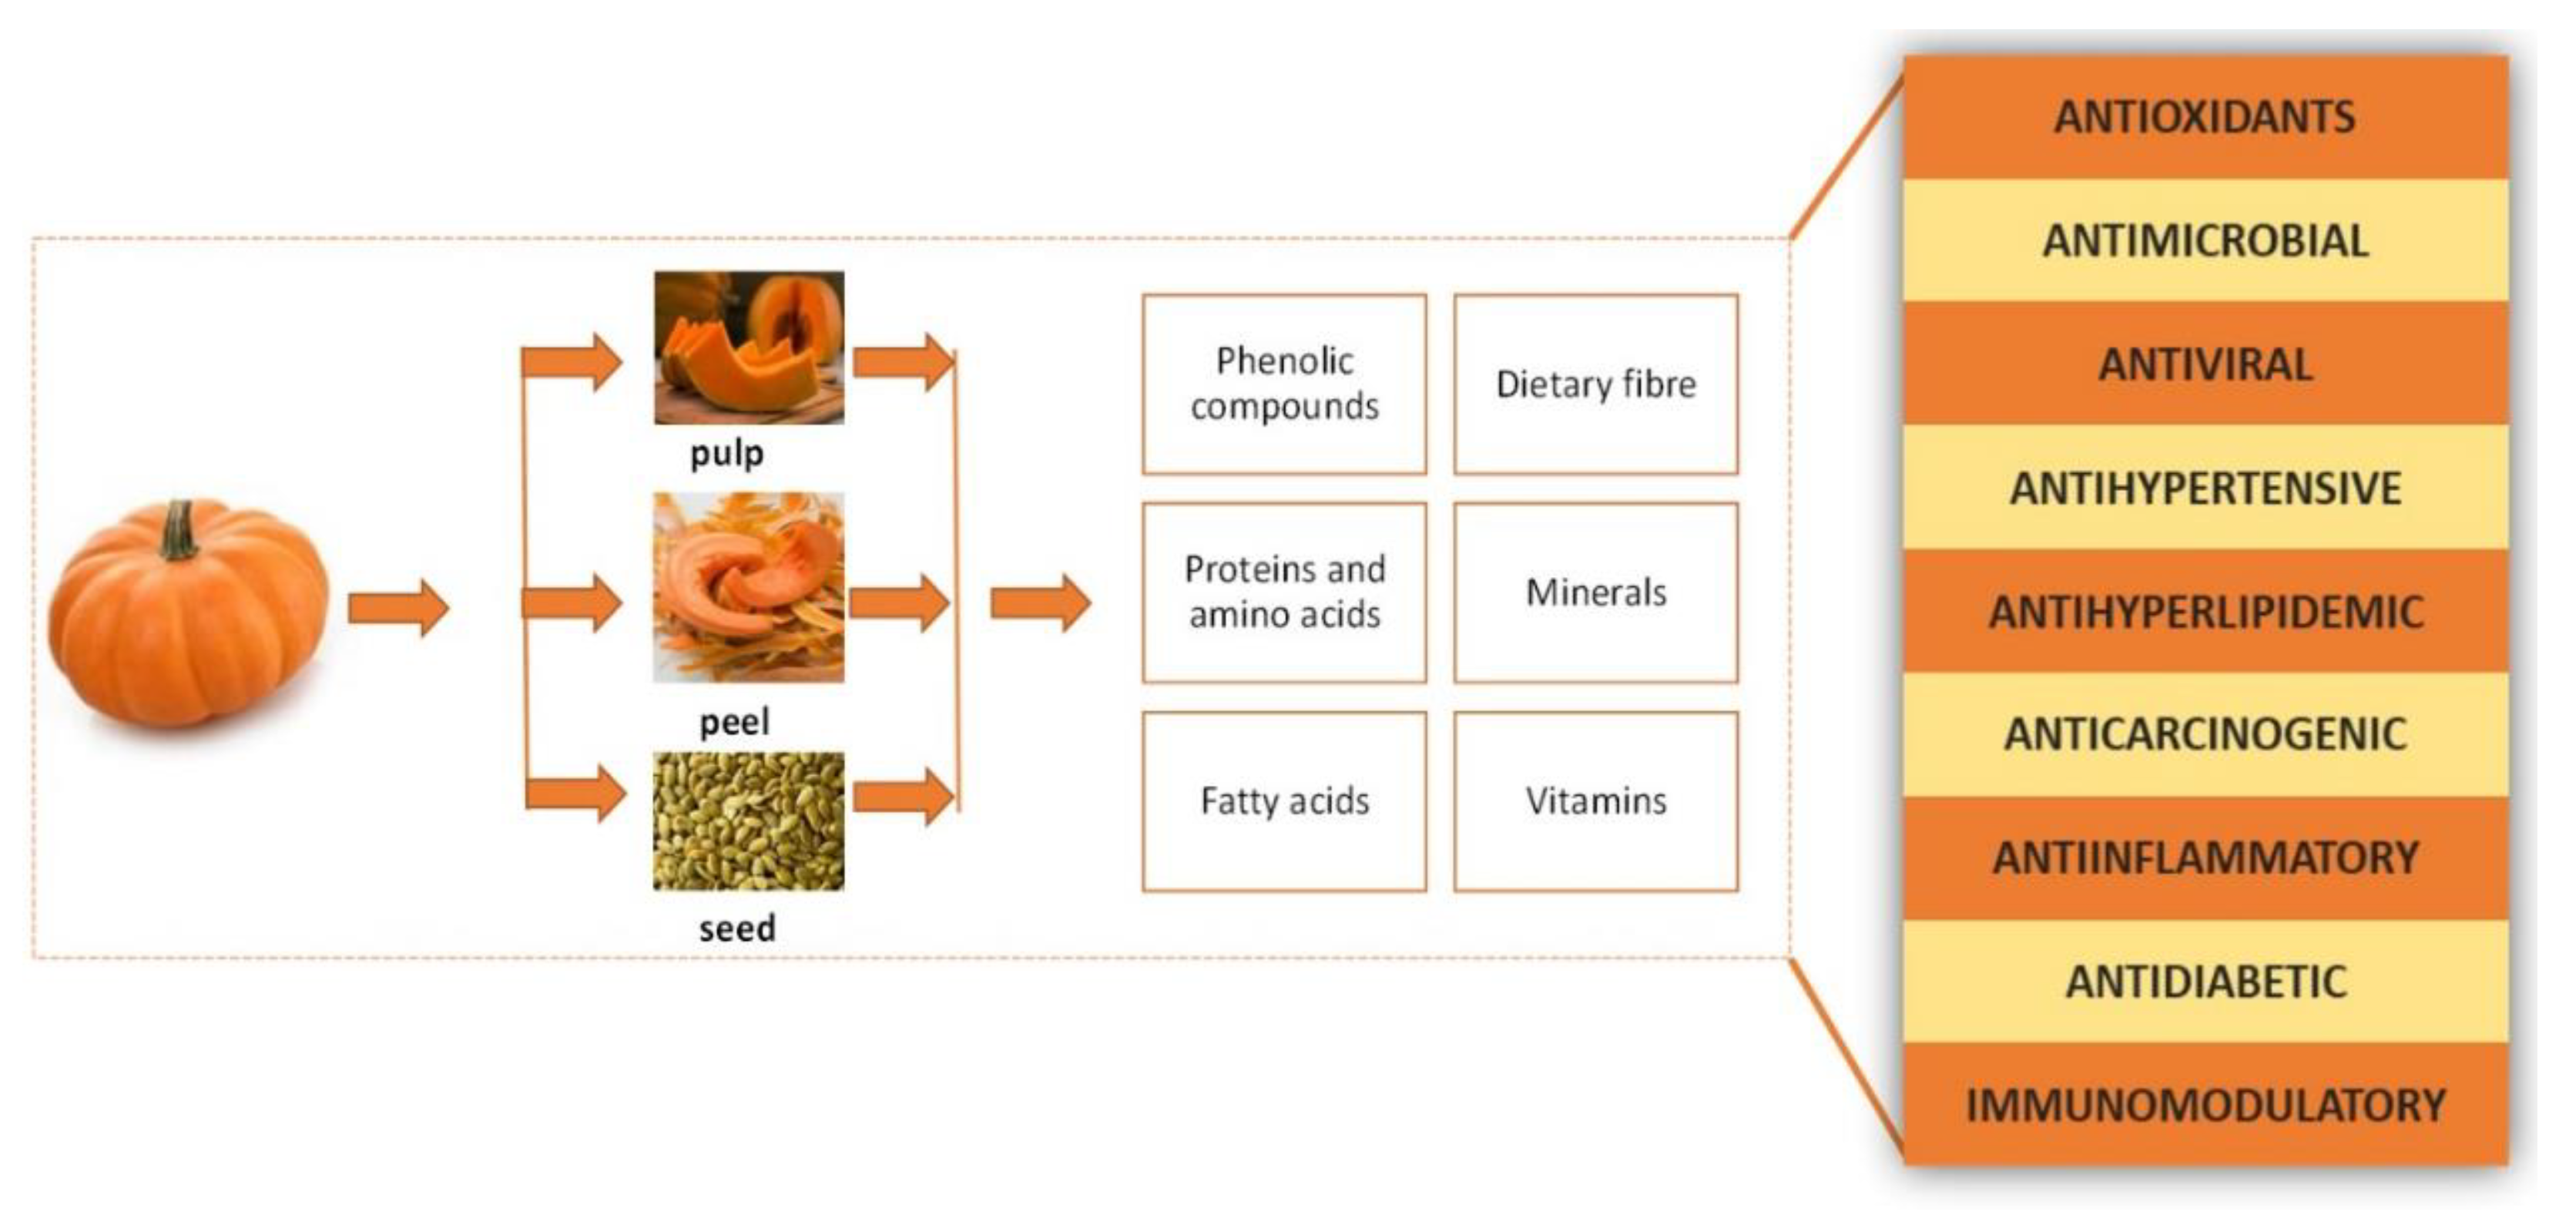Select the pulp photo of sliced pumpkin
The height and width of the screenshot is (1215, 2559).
coord(749,347)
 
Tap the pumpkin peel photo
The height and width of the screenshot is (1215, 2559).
coord(749,587)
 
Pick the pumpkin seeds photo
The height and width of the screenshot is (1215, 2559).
coord(749,821)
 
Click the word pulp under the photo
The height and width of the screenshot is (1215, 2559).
coord(727,453)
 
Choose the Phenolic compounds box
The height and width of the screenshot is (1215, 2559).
coord(1284,384)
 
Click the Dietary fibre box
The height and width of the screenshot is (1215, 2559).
coord(1595,384)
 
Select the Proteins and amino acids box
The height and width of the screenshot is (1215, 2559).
coord(1284,592)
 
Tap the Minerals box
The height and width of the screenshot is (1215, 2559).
coord(1595,592)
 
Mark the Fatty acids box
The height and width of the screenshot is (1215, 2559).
coord(1284,800)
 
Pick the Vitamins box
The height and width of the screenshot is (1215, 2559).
coord(1595,800)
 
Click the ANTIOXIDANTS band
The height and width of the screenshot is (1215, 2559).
coord(2205,117)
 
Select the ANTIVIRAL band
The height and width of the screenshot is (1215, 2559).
coord(2205,364)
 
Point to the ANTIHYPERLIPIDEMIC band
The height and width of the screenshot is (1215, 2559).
coord(2205,611)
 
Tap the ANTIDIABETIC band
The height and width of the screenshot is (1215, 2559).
coord(2205,982)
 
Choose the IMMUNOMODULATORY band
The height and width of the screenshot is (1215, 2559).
coord(2205,1105)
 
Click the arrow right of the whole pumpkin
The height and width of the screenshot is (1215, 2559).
coord(398,607)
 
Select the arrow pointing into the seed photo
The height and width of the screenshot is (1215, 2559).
coord(576,794)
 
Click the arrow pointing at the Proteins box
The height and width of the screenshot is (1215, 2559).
coord(1040,602)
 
